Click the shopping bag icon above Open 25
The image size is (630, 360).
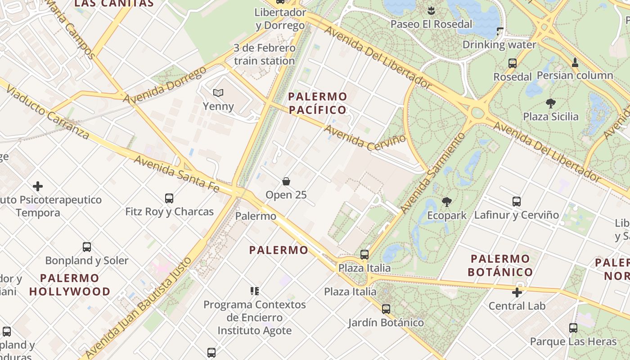pos(286,181)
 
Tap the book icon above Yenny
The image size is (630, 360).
pos(218,93)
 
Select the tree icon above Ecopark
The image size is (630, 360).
pos(447,202)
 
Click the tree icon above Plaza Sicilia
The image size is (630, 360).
pos(550,103)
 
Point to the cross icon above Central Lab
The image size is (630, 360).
pos(517,292)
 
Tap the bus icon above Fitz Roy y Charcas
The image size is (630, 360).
pos(169,198)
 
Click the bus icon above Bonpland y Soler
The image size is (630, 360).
pos(87,247)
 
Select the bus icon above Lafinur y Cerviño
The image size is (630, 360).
pos(517,202)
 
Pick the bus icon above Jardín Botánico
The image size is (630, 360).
pos(386,309)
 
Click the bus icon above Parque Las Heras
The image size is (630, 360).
pos(573,328)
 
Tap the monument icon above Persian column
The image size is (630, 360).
pos(575,62)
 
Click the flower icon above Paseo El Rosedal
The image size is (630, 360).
pos(431,11)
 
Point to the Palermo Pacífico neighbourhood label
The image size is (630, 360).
pos(318,103)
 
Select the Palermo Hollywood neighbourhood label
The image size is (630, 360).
pos(70,284)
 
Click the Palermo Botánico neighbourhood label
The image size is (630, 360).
pos(500,265)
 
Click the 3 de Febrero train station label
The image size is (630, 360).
pos(264,54)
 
